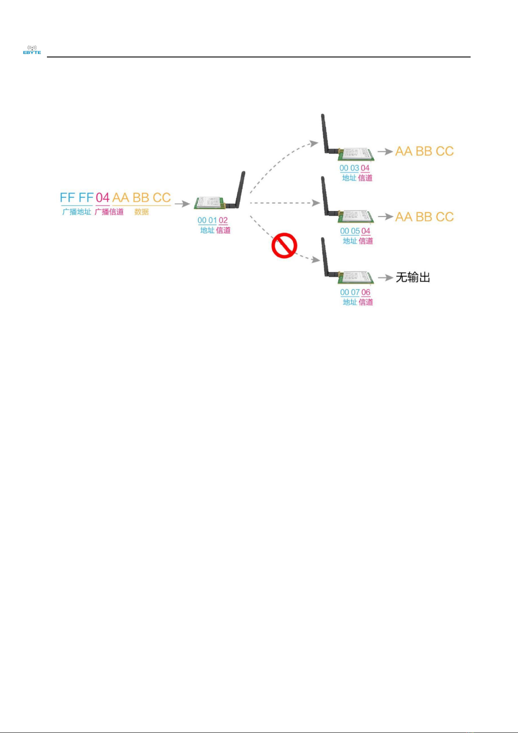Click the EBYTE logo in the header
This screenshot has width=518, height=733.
point(32,50)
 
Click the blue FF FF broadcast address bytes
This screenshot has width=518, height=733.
point(77,197)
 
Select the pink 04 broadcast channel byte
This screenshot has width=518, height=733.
point(103,197)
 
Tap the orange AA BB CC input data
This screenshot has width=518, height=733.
point(142,197)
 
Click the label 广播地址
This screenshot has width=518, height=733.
point(76,212)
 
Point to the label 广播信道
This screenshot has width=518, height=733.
point(109,212)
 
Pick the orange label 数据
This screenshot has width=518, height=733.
point(142,212)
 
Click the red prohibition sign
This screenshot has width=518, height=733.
point(284,246)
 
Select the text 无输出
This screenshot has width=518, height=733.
point(413,278)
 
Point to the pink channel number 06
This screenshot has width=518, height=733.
point(366,292)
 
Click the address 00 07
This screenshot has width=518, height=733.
point(350,292)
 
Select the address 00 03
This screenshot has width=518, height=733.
point(349,168)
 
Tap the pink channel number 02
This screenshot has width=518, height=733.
point(223,221)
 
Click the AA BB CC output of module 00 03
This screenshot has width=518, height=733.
point(425,151)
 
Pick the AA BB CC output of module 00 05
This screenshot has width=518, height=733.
point(425,217)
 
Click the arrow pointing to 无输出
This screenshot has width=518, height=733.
point(385,278)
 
